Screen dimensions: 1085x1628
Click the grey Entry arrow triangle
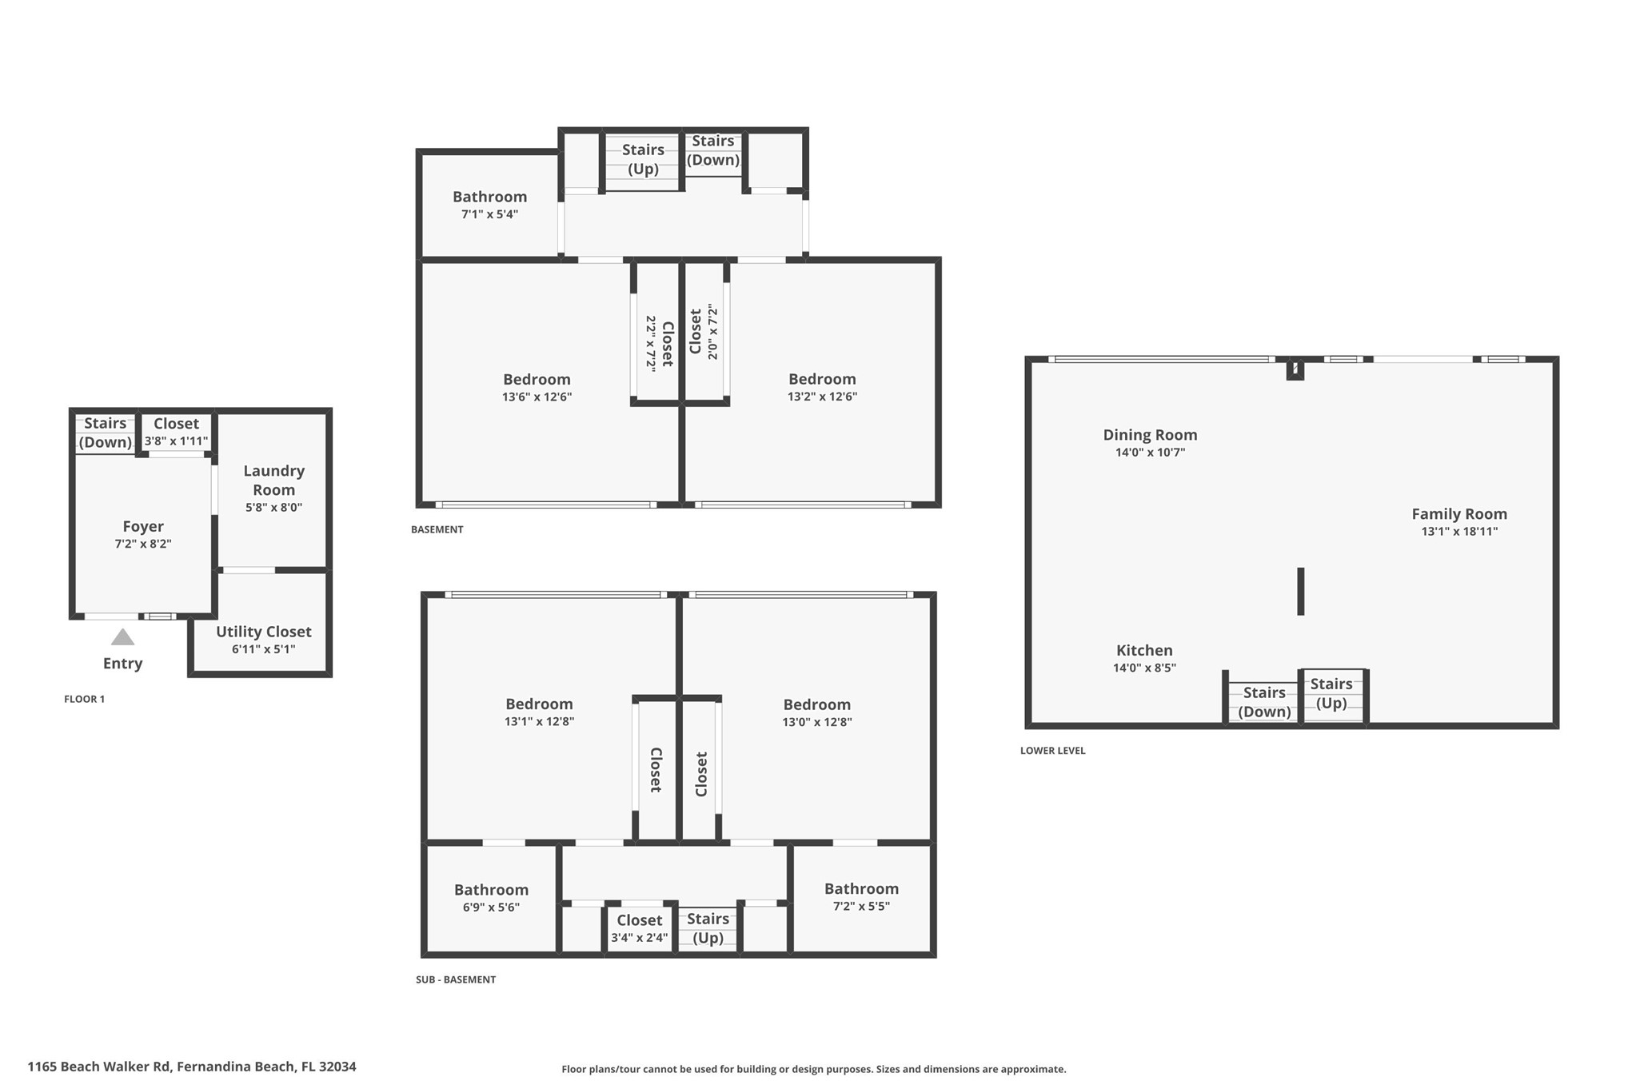(x=122, y=637)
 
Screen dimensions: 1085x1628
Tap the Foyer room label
(x=143, y=526)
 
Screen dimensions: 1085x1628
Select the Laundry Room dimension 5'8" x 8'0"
(x=273, y=507)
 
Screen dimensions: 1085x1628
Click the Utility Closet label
(x=263, y=632)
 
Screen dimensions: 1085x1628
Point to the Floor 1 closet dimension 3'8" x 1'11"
(x=176, y=441)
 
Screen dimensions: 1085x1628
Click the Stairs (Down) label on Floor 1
(x=105, y=433)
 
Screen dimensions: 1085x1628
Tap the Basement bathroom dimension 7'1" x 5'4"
(x=489, y=214)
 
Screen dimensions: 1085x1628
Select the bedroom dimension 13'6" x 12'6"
(x=537, y=397)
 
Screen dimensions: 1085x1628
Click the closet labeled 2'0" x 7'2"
(x=704, y=332)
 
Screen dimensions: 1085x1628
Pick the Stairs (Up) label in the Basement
(x=643, y=159)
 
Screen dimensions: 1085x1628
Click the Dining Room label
(x=1150, y=435)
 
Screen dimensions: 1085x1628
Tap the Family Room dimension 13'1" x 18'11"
(x=1458, y=531)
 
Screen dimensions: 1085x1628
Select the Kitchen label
(x=1144, y=650)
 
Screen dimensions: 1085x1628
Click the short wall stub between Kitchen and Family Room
(x=1300, y=591)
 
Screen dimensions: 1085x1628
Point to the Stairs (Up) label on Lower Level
(x=1331, y=693)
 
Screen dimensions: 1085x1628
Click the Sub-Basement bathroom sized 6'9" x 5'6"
(x=491, y=898)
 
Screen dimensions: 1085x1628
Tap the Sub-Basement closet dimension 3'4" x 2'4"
(x=639, y=938)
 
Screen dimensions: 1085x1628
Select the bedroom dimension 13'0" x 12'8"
(x=816, y=722)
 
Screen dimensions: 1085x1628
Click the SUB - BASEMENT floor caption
(x=456, y=979)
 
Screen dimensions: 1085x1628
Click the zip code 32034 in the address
(x=337, y=1066)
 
